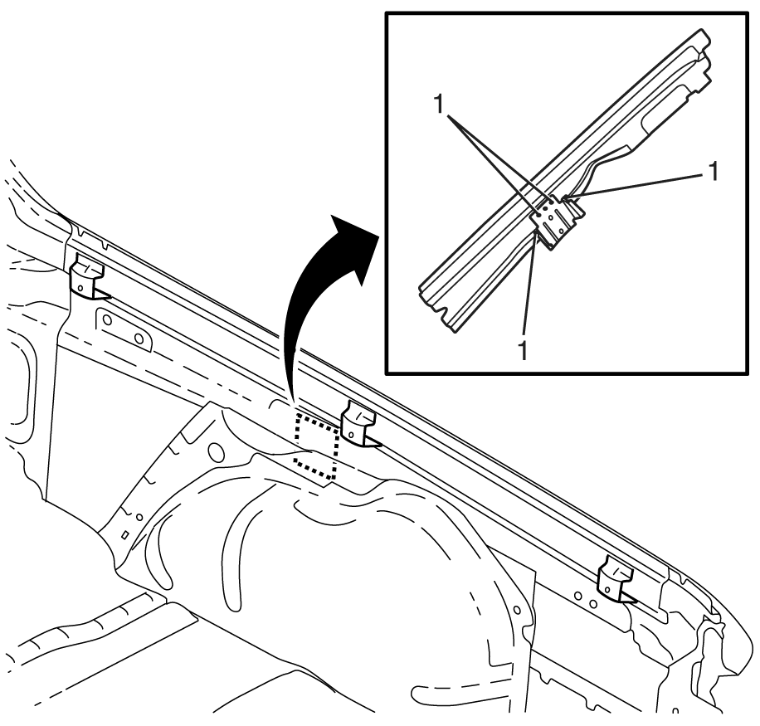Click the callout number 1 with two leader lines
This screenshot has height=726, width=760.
point(440,104)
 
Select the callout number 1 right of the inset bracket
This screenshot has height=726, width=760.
point(713,171)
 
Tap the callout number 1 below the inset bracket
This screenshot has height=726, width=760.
point(523,349)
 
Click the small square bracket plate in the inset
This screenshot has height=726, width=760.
point(555,222)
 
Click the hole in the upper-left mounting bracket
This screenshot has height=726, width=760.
point(80,288)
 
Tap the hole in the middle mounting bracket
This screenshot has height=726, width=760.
point(351,436)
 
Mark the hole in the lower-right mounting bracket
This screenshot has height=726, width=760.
point(607,590)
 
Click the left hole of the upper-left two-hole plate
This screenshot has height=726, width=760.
point(108,320)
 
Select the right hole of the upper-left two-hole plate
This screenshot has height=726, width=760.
point(139,338)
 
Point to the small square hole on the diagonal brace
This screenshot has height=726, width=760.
point(125,534)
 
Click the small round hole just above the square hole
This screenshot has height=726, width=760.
point(139,517)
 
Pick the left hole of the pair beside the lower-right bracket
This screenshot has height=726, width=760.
point(577,595)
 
